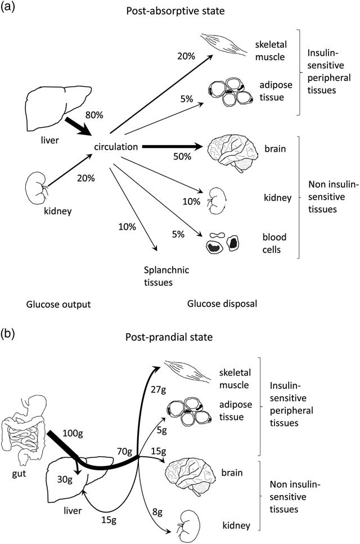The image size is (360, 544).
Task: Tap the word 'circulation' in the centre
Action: (x=116, y=147)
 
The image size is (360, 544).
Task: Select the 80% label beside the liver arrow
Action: (x=93, y=115)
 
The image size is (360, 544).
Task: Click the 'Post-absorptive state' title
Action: (x=191, y=10)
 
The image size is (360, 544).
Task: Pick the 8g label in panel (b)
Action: (x=155, y=511)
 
